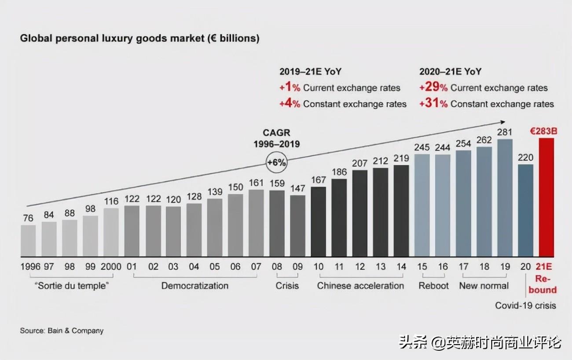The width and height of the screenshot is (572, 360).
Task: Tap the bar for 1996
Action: pos(28,241)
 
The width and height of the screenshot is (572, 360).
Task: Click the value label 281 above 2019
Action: pos(505,132)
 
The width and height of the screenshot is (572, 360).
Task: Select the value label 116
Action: pos(111,201)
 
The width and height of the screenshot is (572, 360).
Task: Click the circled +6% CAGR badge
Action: pos(276,162)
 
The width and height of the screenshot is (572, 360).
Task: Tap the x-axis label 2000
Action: pos(111,267)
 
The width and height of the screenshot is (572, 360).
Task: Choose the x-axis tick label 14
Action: pos(401,267)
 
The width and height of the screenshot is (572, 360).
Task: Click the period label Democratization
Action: pos(195,286)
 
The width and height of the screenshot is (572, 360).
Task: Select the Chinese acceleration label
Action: pos(360,286)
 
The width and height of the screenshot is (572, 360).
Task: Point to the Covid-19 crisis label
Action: pos(525,305)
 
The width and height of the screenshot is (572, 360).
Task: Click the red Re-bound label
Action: pos(546,284)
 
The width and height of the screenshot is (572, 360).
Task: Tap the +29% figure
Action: pos(433,88)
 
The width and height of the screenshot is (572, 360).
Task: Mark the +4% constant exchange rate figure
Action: pos(290,104)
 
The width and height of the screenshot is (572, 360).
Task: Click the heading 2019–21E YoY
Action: pos(310,72)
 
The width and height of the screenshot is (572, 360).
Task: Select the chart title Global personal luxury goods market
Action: pos(139,39)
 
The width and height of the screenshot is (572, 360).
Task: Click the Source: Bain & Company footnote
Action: pos(62,331)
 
